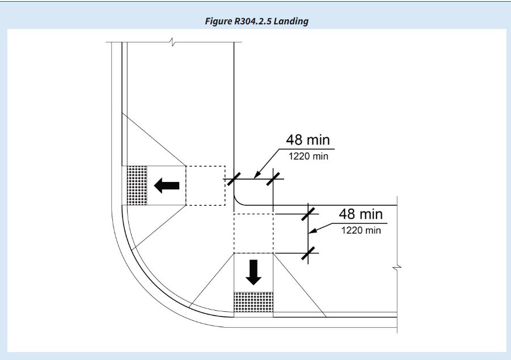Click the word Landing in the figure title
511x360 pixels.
pos(291,22)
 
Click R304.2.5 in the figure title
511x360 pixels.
pos(253,21)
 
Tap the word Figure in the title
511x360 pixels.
pos(218,22)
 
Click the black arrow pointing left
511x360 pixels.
pos(167,185)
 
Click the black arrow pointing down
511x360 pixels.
pos(253,272)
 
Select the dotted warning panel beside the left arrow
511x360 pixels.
pos(137,185)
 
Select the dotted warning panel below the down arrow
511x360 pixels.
pos(254,302)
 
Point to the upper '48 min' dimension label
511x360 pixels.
pos(308,140)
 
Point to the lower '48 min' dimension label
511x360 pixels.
pos(361,214)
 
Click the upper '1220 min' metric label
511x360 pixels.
pos(309,156)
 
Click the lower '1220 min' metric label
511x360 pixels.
pos(361,230)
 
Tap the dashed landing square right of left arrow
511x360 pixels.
pos(205,185)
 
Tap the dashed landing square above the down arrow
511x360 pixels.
pos(254,233)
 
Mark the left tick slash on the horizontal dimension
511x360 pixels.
pos(234,179)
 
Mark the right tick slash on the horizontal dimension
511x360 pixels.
pos(273,179)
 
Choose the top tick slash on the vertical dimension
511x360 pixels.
pos(309,214)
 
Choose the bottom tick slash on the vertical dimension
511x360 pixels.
pos(309,253)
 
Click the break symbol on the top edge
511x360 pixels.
pos(173,42)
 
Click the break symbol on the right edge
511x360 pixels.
pos(397,268)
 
